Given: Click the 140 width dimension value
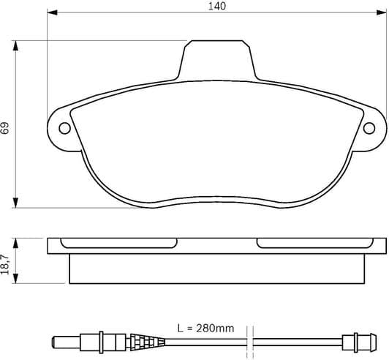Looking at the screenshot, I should point(216,6).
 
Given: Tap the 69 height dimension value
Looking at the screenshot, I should point(6,127).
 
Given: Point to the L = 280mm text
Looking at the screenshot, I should point(205,329).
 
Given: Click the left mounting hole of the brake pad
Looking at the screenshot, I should point(64,129).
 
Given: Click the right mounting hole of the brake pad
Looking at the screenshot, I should point(370,129).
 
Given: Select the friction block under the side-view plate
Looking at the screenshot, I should point(217,269).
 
